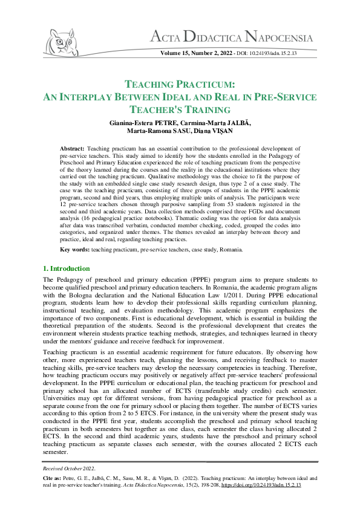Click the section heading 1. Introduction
[x=67, y=268]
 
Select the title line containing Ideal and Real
[x=180, y=97]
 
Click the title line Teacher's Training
[x=180, y=109]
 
